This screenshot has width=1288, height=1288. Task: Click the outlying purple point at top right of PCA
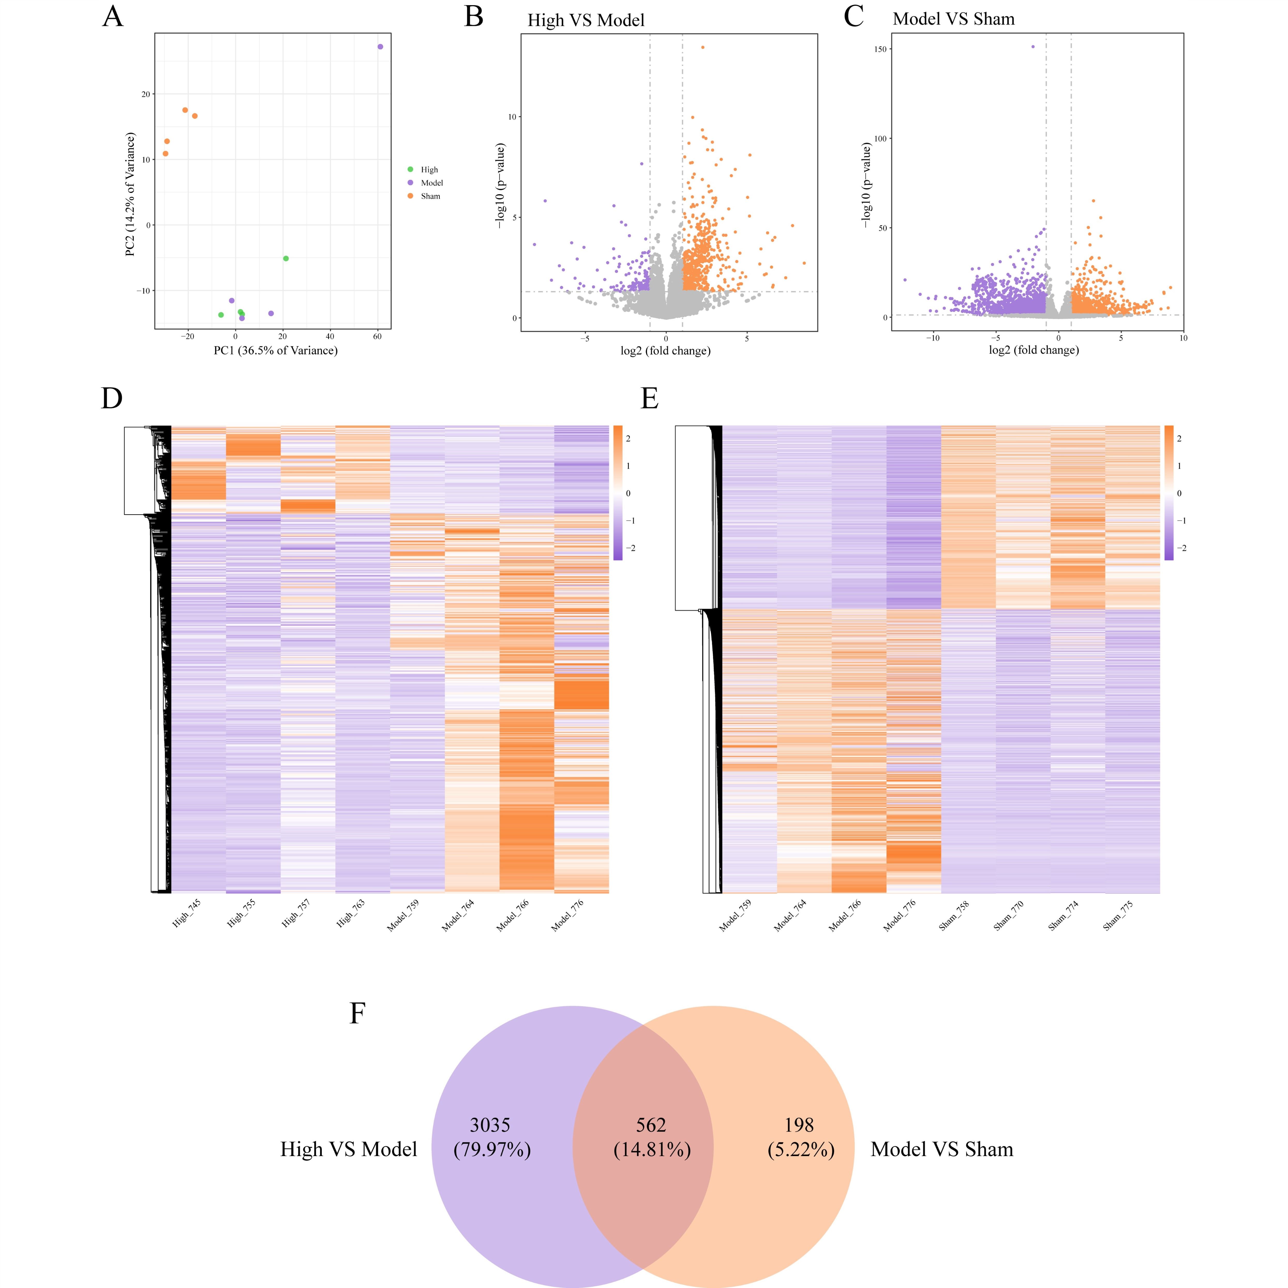[x=380, y=47]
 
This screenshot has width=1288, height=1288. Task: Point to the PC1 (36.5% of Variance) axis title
[x=275, y=351]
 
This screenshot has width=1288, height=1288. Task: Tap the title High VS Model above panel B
[x=586, y=21]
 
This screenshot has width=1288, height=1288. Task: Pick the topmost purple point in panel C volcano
[x=1033, y=47]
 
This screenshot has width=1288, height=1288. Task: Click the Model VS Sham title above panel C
[x=953, y=19]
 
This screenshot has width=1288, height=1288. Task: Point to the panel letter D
[x=112, y=399]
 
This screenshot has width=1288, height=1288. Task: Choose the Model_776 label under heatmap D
[x=567, y=915]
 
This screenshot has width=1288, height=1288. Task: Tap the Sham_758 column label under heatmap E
[x=954, y=915]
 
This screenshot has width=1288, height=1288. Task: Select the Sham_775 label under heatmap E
[x=1118, y=915]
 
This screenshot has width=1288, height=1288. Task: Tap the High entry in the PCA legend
[x=429, y=169]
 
